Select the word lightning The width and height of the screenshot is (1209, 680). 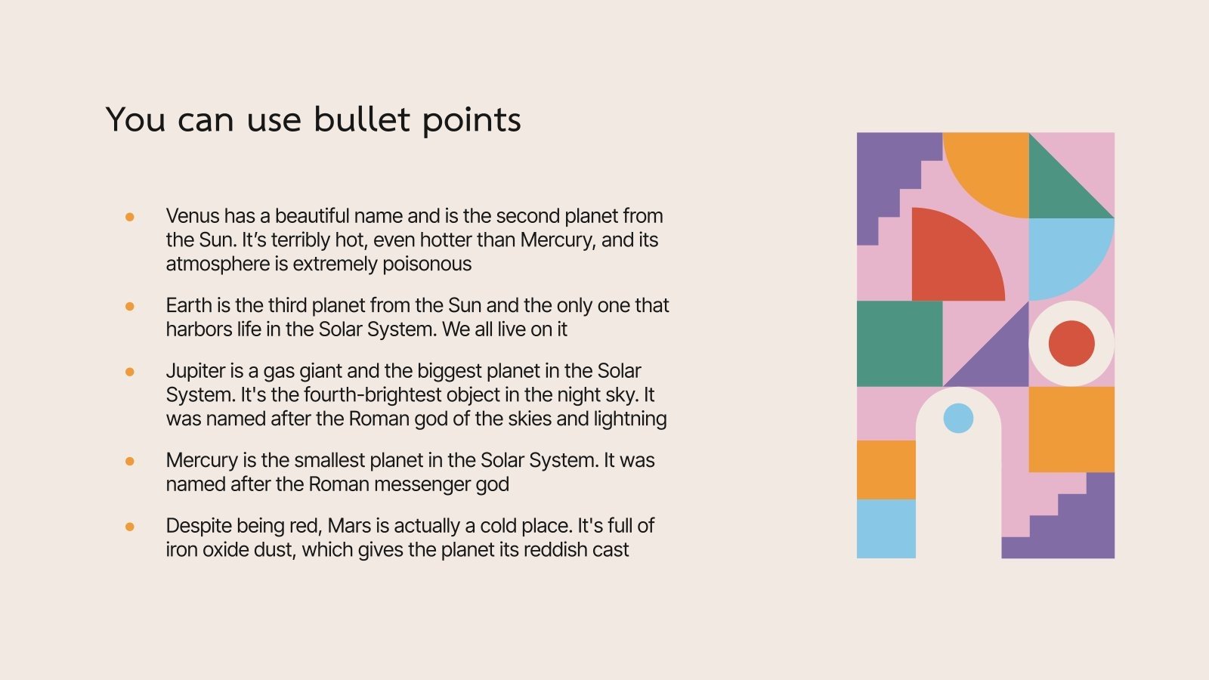(630, 419)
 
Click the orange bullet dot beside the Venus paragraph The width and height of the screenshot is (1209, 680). (130, 217)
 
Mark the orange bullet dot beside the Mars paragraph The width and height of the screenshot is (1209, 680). (130, 527)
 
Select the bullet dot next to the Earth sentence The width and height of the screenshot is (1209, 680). (130, 306)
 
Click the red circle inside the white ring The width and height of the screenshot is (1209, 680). (1071, 343)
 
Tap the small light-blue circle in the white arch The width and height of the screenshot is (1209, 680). (958, 418)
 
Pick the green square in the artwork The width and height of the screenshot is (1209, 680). (899, 344)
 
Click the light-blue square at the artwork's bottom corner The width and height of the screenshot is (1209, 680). (886, 529)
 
